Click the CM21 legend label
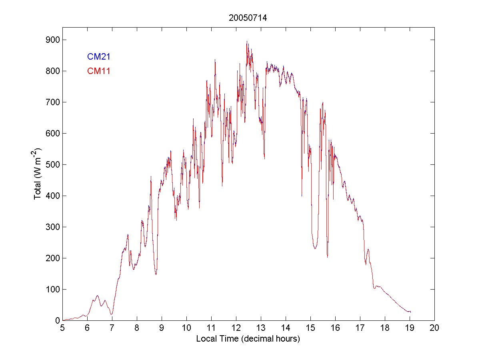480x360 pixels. click(98, 57)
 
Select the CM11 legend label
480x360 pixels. click(98, 71)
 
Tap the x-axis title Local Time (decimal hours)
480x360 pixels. click(248, 339)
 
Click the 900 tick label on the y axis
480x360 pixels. click(53, 40)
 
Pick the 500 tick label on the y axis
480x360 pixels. click(53, 165)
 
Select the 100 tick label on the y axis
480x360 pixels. click(53, 289)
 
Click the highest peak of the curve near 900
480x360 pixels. click(247, 41)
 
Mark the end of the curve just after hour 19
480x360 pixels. click(410, 312)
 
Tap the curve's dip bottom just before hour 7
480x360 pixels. click(112, 314)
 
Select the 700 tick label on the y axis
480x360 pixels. click(53, 102)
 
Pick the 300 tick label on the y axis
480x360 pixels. click(53, 227)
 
